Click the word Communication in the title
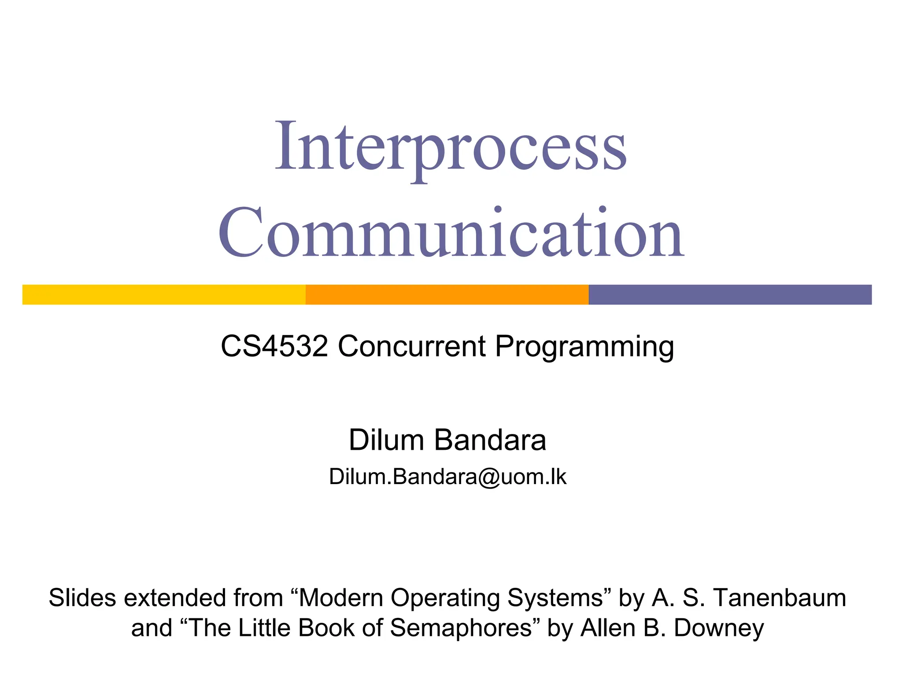coord(451,233)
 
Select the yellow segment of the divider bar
coord(164,294)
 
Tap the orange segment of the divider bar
coord(447,294)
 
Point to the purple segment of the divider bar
coord(730,294)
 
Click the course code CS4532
coord(274,346)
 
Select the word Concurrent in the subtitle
coord(411,346)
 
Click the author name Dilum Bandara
coord(447,440)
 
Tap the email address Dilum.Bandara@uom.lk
coord(447,477)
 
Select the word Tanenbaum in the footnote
coord(780,598)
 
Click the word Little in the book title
coord(265,628)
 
